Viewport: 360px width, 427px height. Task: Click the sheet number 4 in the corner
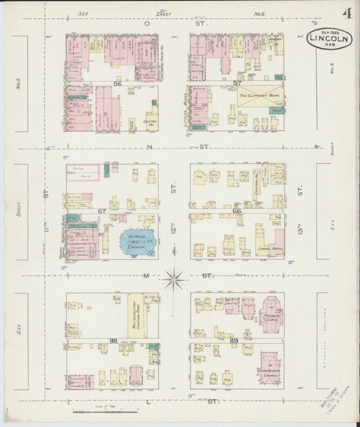(x=345, y=14)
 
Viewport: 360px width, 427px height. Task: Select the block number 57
(x=237, y=83)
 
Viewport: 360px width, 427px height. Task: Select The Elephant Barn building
(x=259, y=96)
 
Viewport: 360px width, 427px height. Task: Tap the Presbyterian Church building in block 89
(x=272, y=311)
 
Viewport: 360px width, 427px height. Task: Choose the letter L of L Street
(x=147, y=401)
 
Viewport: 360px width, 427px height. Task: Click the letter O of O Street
(x=146, y=22)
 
